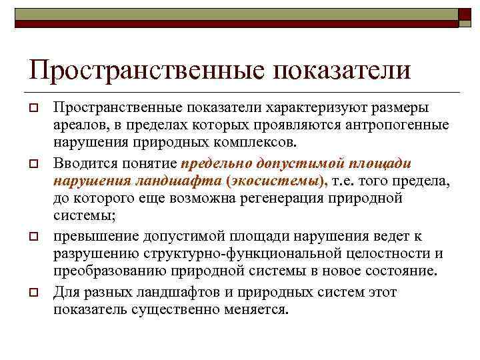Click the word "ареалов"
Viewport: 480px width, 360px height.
point(78,125)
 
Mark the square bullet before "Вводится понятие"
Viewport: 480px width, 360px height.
point(32,164)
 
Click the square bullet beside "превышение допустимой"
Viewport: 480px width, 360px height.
point(32,237)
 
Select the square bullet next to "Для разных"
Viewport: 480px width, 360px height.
point(32,292)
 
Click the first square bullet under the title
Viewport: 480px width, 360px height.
point(32,109)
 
